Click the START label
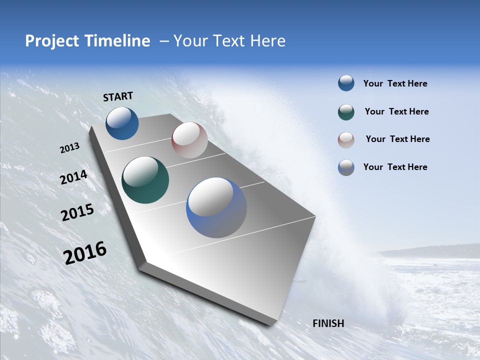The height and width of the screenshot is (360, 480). click(118, 96)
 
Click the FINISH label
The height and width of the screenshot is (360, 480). click(328, 323)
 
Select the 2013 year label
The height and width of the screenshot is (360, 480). click(69, 148)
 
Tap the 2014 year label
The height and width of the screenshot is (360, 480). click(73, 177)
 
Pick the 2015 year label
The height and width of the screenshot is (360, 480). click(77, 212)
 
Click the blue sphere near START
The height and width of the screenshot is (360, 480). click(122, 123)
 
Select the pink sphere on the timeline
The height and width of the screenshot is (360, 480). click(189, 140)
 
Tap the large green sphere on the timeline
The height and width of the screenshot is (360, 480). click(145, 180)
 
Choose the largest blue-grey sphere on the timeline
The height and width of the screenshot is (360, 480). click(216, 207)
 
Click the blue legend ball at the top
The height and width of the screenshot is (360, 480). click(346, 83)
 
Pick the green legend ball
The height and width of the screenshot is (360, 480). click(346, 112)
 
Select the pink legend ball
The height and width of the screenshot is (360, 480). click(346, 139)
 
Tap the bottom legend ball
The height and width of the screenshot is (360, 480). click(346, 167)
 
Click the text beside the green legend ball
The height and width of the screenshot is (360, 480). click(396, 111)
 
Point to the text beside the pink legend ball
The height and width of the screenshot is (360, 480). click(397, 139)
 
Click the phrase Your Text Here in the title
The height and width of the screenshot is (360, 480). click(229, 41)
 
